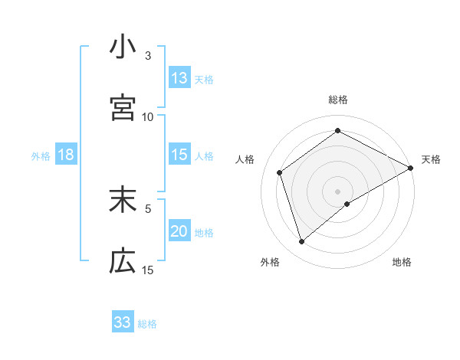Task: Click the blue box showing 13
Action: pyautogui.click(x=179, y=78)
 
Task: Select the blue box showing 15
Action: pyautogui.click(x=179, y=155)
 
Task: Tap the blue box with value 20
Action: pyautogui.click(x=179, y=231)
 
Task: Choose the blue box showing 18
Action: pyautogui.click(x=66, y=155)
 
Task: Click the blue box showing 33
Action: pyautogui.click(x=123, y=322)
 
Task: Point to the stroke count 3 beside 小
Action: pyautogui.click(x=148, y=55)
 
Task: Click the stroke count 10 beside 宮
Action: pyautogui.click(x=148, y=116)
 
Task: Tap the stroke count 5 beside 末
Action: pyautogui.click(x=148, y=208)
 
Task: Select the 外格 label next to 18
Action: pyautogui.click(x=41, y=155)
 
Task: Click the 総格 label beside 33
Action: pyautogui.click(x=147, y=323)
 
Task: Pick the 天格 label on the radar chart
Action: pyautogui.click(x=431, y=159)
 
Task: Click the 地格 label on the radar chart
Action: pyautogui.click(x=402, y=262)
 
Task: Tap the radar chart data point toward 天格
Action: pyautogui.click(x=411, y=168)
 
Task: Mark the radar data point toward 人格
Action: pyautogui.click(x=280, y=172)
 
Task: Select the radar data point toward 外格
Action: pyautogui.click(x=302, y=242)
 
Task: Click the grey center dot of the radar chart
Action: pyautogui.click(x=338, y=191)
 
